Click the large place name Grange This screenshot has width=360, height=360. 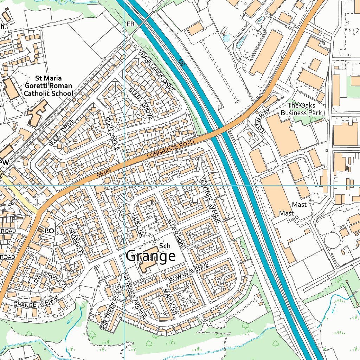(150, 256)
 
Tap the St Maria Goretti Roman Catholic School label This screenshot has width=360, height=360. (48, 85)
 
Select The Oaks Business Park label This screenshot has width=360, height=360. (301, 109)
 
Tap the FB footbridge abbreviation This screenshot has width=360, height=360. (130, 24)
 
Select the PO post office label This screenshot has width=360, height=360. (49, 231)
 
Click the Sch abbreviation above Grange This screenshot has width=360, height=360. (165, 246)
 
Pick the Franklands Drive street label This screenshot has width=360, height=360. (156, 71)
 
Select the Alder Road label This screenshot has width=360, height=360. (176, 233)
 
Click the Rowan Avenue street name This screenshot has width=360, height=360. (188, 273)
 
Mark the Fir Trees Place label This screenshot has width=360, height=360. (112, 307)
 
